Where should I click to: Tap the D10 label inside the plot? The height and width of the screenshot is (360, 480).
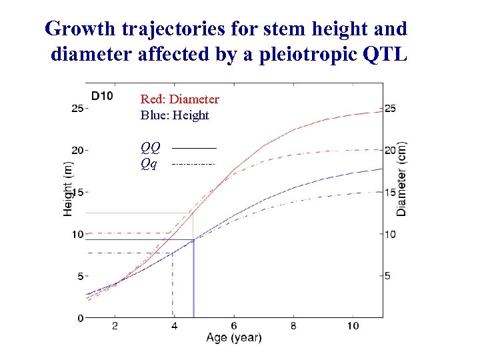coord(102,95)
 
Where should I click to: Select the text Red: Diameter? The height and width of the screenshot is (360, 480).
coord(179,99)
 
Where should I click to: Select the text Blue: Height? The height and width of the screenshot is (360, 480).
coord(175,115)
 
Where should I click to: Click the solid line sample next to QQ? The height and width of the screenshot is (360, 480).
coord(194,147)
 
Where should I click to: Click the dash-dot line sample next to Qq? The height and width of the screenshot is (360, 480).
coord(194,163)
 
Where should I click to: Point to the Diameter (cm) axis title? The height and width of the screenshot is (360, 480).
coord(402,179)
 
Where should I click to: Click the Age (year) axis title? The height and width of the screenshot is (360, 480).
coord(234,338)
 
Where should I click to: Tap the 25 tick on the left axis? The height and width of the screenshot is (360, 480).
coord(77,108)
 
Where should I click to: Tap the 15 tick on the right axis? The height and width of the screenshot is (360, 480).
coord(390,192)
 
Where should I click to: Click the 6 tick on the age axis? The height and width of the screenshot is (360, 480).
coord(234,325)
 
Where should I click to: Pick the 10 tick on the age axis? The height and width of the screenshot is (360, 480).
coord(353,325)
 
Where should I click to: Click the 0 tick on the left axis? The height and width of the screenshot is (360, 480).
coord(80,317)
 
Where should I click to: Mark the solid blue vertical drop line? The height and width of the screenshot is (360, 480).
coord(193,280)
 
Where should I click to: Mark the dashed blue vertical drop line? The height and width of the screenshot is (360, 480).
coord(173,287)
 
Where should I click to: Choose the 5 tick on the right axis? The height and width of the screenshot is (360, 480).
coord(388,275)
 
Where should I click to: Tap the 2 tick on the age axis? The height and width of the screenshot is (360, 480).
coord(115,325)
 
